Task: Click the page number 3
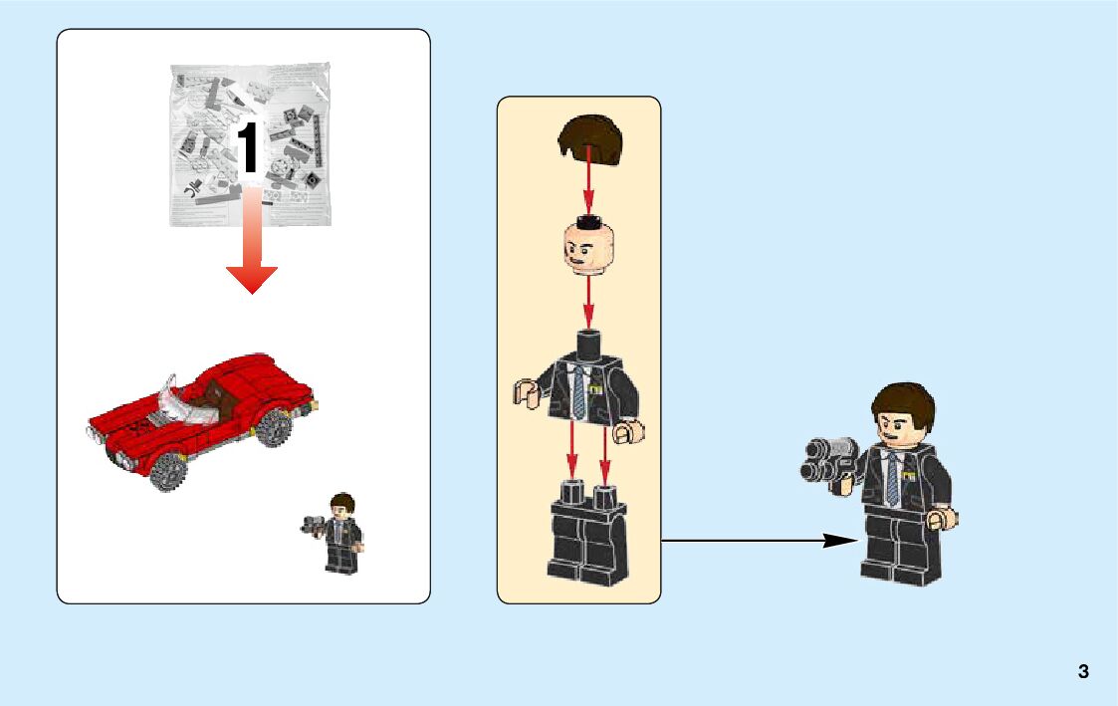click(x=1083, y=671)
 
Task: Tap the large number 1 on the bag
click(x=248, y=147)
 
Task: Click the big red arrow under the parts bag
click(x=252, y=240)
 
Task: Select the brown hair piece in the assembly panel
click(x=589, y=140)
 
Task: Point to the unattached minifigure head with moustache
click(x=588, y=247)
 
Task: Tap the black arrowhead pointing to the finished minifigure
click(x=840, y=541)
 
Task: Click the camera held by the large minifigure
click(x=828, y=461)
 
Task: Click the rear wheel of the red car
click(x=274, y=426)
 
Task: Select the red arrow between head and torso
click(x=588, y=303)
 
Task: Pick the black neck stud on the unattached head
click(x=588, y=220)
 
